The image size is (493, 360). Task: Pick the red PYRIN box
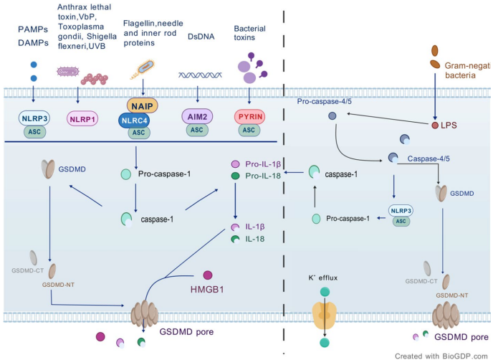pyautogui.click(x=249, y=115)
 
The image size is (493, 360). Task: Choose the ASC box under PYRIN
pyautogui.click(x=249, y=131)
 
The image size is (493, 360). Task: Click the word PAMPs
pyautogui.click(x=33, y=30)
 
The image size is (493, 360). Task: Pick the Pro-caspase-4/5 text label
pyautogui.click(x=325, y=101)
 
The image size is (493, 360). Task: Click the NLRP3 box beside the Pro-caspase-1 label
pyautogui.click(x=401, y=211)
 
